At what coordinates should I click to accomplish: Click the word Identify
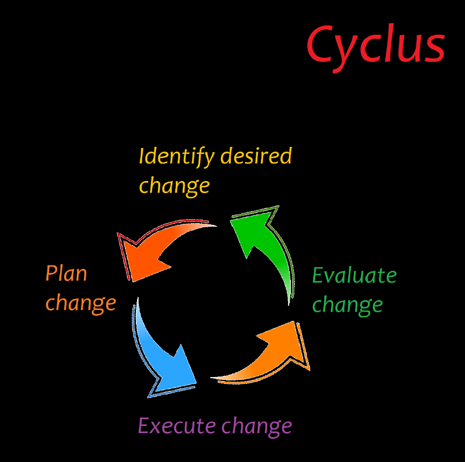(168, 157)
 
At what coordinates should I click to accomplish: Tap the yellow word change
(174, 186)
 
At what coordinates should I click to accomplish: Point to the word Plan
(66, 273)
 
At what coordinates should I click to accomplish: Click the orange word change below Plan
(80, 303)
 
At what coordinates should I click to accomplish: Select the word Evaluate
(354, 275)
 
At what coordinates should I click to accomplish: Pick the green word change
(348, 305)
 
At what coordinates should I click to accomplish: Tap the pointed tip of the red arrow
(132, 281)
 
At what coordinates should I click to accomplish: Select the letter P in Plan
(51, 273)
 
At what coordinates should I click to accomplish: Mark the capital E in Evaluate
(319, 275)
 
